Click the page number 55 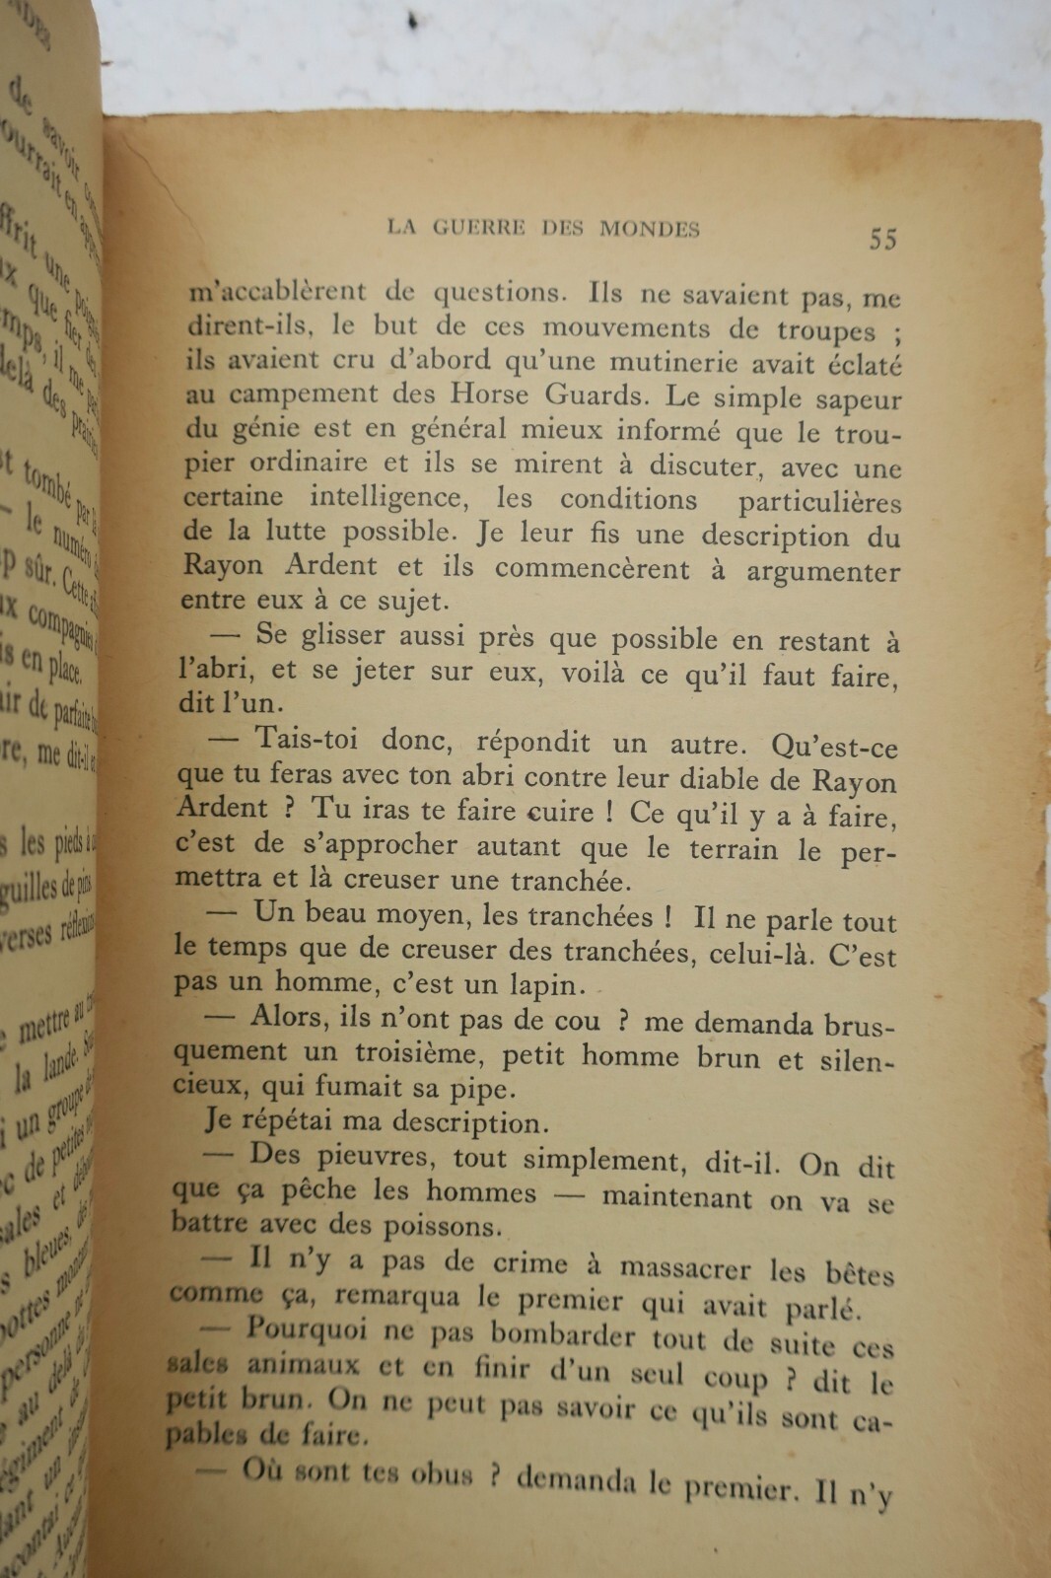coord(882,239)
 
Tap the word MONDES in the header coord(650,230)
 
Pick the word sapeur coord(855,400)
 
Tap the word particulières coord(819,502)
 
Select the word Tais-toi coord(307,739)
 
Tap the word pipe coord(485,1090)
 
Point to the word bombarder coord(563,1336)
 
